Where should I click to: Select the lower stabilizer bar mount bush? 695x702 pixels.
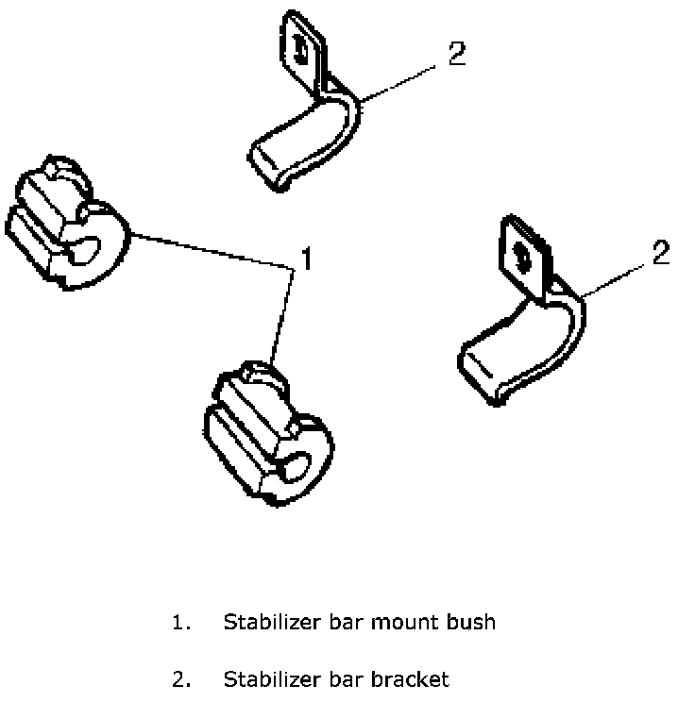[264, 434]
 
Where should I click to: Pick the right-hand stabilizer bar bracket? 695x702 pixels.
[519, 321]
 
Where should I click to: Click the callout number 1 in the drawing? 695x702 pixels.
[304, 257]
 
